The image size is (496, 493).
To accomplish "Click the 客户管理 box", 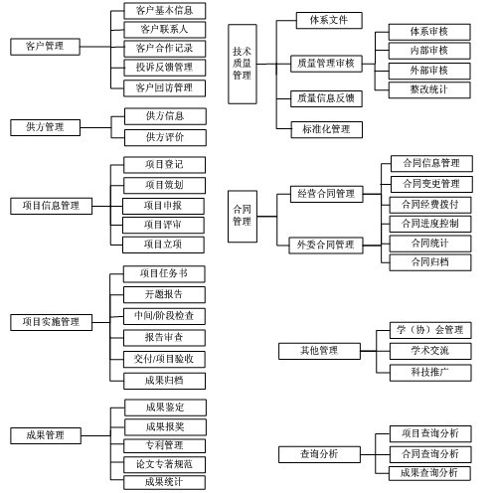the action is tap(45, 47).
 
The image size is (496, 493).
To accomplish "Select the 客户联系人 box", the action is tap(165, 30).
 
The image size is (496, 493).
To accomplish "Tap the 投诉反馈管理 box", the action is tap(165, 68).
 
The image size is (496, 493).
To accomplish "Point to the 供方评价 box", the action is tap(165, 137).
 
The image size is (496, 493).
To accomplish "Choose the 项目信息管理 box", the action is tap(52, 206).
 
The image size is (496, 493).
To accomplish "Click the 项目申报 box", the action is tap(163, 206).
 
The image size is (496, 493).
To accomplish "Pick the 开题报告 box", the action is tap(164, 294).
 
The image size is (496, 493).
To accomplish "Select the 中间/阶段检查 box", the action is tap(164, 316).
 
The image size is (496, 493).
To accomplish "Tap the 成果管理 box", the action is tap(46, 435).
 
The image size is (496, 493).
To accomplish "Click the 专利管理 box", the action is tap(164, 445).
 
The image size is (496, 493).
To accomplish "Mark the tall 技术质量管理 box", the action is tap(243, 64).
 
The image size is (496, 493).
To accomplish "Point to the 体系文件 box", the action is tap(329, 21).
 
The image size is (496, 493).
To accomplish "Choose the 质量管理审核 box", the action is tap(326, 64).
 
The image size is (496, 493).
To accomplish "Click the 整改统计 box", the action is tap(429, 89).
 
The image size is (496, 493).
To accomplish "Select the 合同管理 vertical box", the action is tap(243, 216).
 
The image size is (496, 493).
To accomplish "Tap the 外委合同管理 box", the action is tap(326, 246).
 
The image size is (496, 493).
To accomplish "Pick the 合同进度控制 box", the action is tap(430, 224).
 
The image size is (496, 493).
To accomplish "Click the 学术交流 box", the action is tap(430, 351).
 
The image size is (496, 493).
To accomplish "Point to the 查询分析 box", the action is tap(319, 454).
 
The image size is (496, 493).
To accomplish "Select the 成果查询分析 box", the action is tap(429, 473).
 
